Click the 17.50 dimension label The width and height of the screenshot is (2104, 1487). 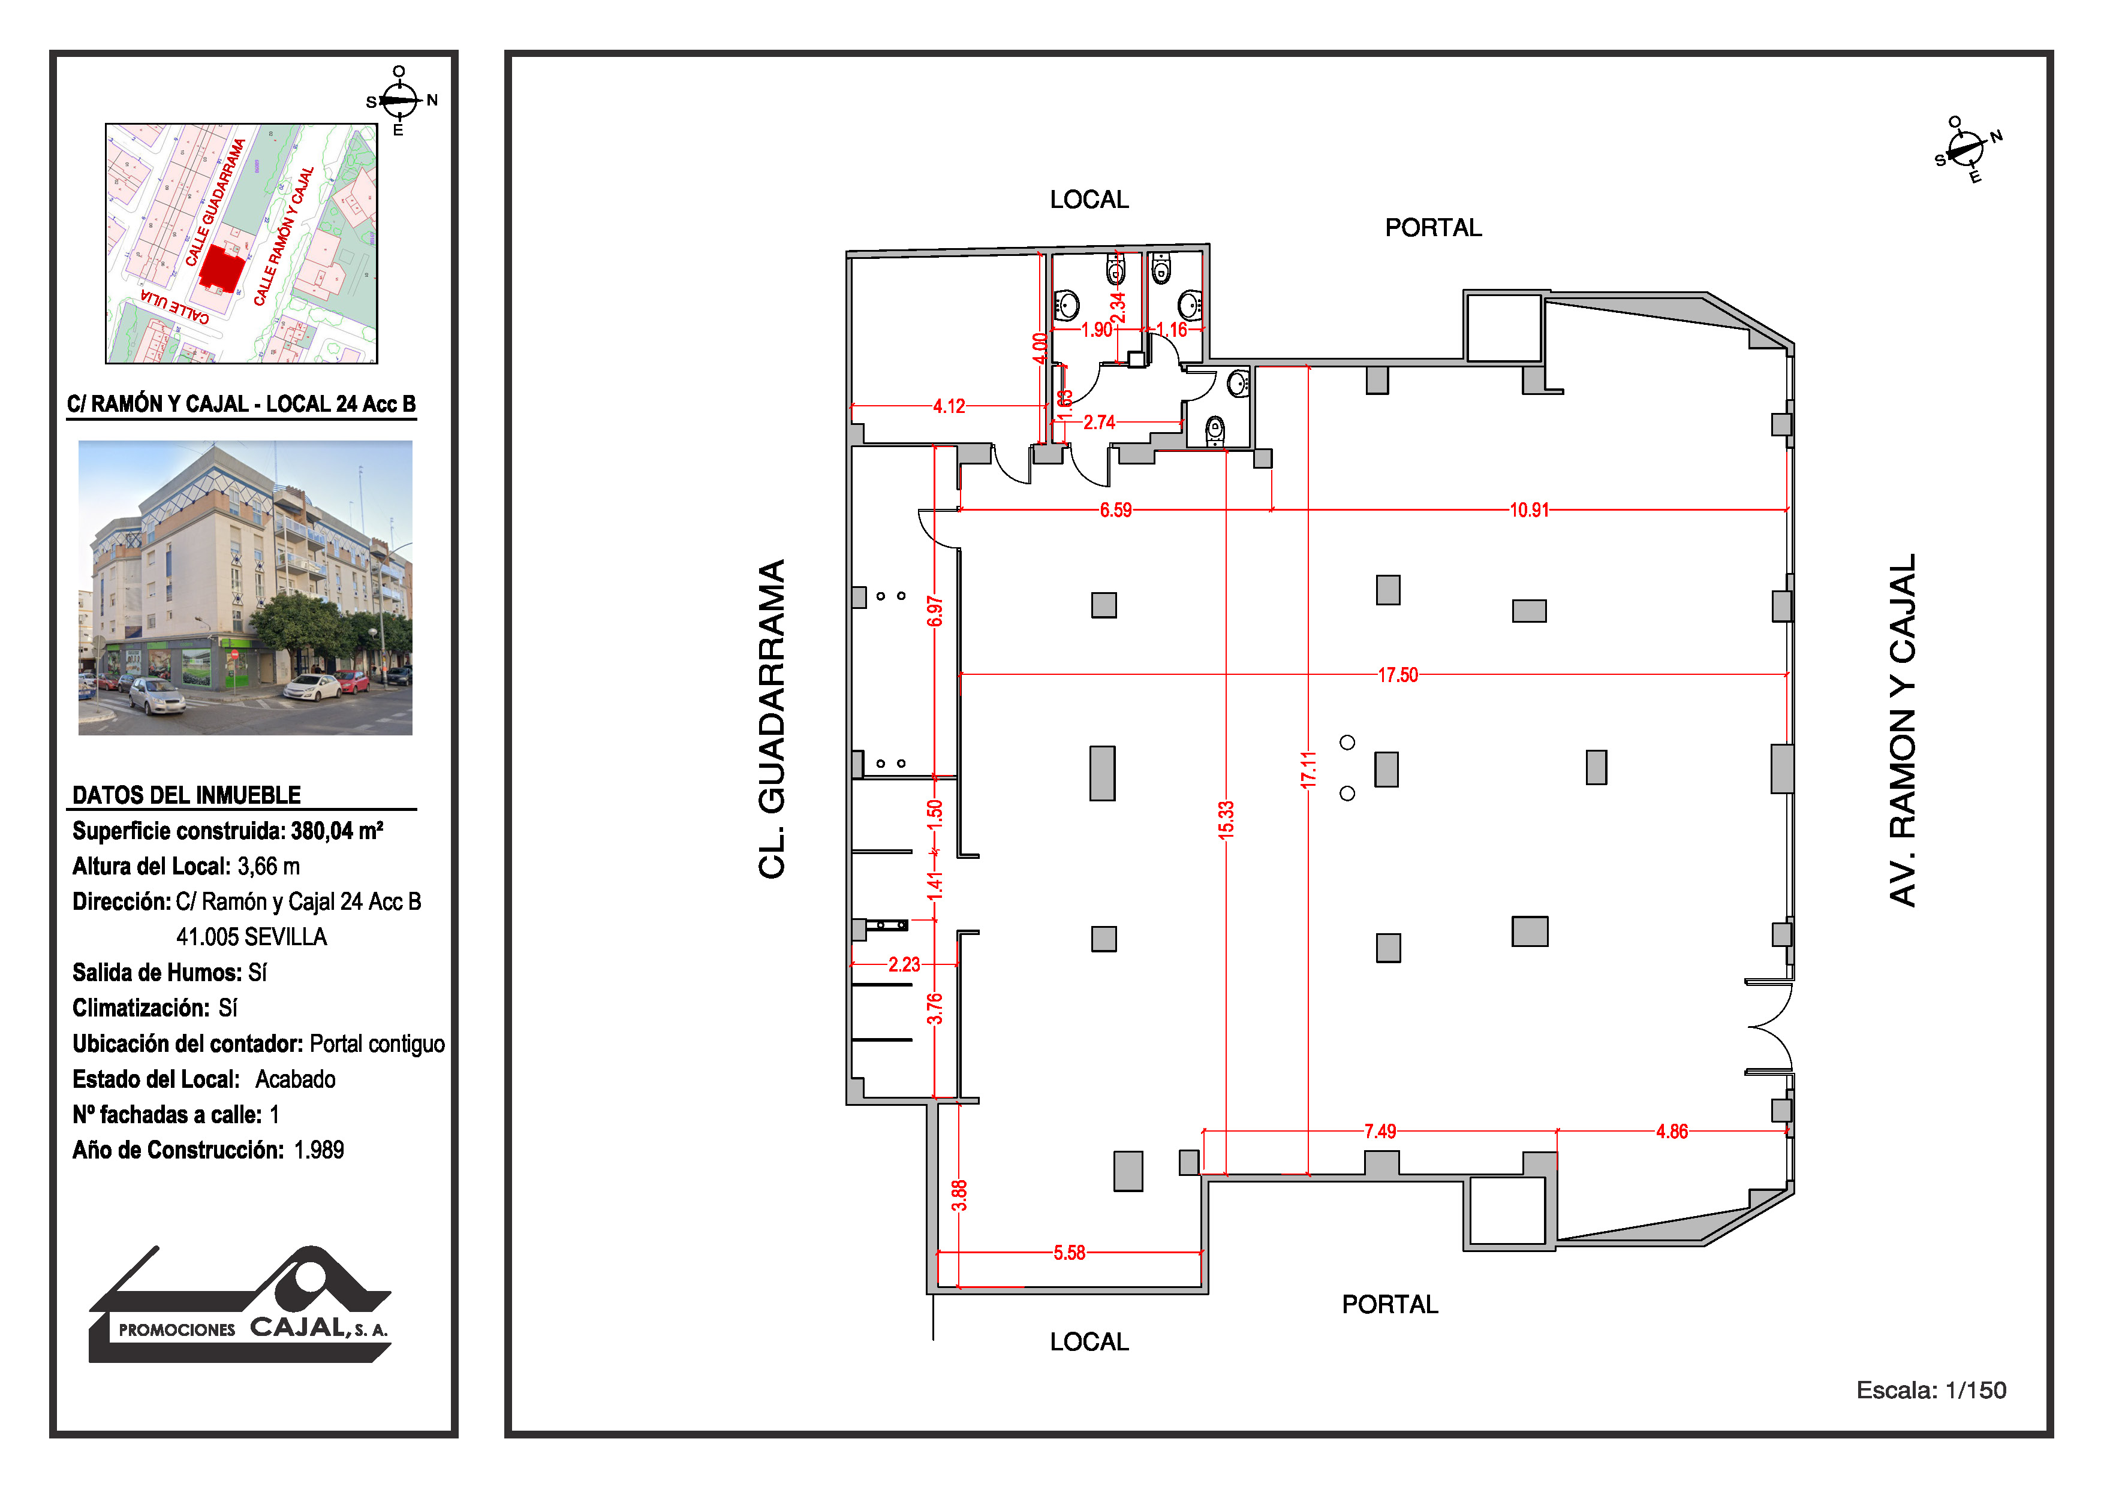[x=1398, y=675]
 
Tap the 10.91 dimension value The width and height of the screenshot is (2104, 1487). [x=1530, y=510]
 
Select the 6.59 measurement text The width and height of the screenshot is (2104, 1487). [x=1115, y=510]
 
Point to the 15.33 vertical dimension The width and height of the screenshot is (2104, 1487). [x=1226, y=820]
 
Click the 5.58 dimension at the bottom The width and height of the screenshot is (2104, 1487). [x=1070, y=1253]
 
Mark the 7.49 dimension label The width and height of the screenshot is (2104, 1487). [x=1380, y=1132]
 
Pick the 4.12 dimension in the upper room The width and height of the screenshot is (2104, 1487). [x=949, y=406]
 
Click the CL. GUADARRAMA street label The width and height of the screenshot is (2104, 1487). [x=772, y=719]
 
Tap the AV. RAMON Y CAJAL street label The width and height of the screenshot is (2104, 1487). [x=1903, y=730]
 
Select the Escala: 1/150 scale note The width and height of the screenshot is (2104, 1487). [x=1931, y=1390]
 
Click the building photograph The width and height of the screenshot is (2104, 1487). [x=246, y=587]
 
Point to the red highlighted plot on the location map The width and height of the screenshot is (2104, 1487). [x=222, y=267]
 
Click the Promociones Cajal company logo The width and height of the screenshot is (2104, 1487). [x=240, y=1304]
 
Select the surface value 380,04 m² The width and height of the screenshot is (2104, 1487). [x=337, y=831]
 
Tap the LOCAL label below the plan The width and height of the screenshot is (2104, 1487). [x=1089, y=1341]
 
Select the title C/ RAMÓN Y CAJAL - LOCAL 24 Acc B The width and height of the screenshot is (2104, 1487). [x=242, y=404]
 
